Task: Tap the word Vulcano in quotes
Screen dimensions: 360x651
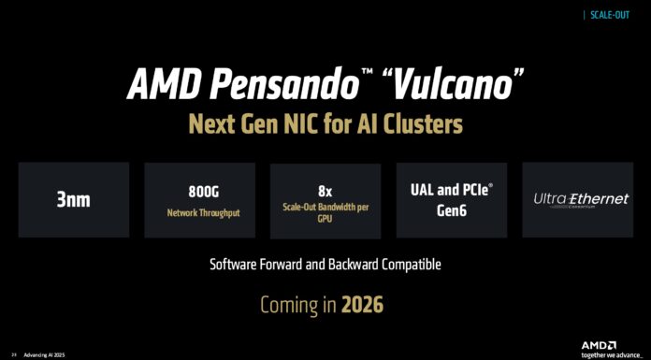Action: click(453, 86)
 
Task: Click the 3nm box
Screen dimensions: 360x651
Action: click(73, 198)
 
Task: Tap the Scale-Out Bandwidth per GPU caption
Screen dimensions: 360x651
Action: click(325, 212)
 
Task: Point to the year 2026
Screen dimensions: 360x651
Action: click(361, 305)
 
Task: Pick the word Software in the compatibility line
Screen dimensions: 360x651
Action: click(239, 265)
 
